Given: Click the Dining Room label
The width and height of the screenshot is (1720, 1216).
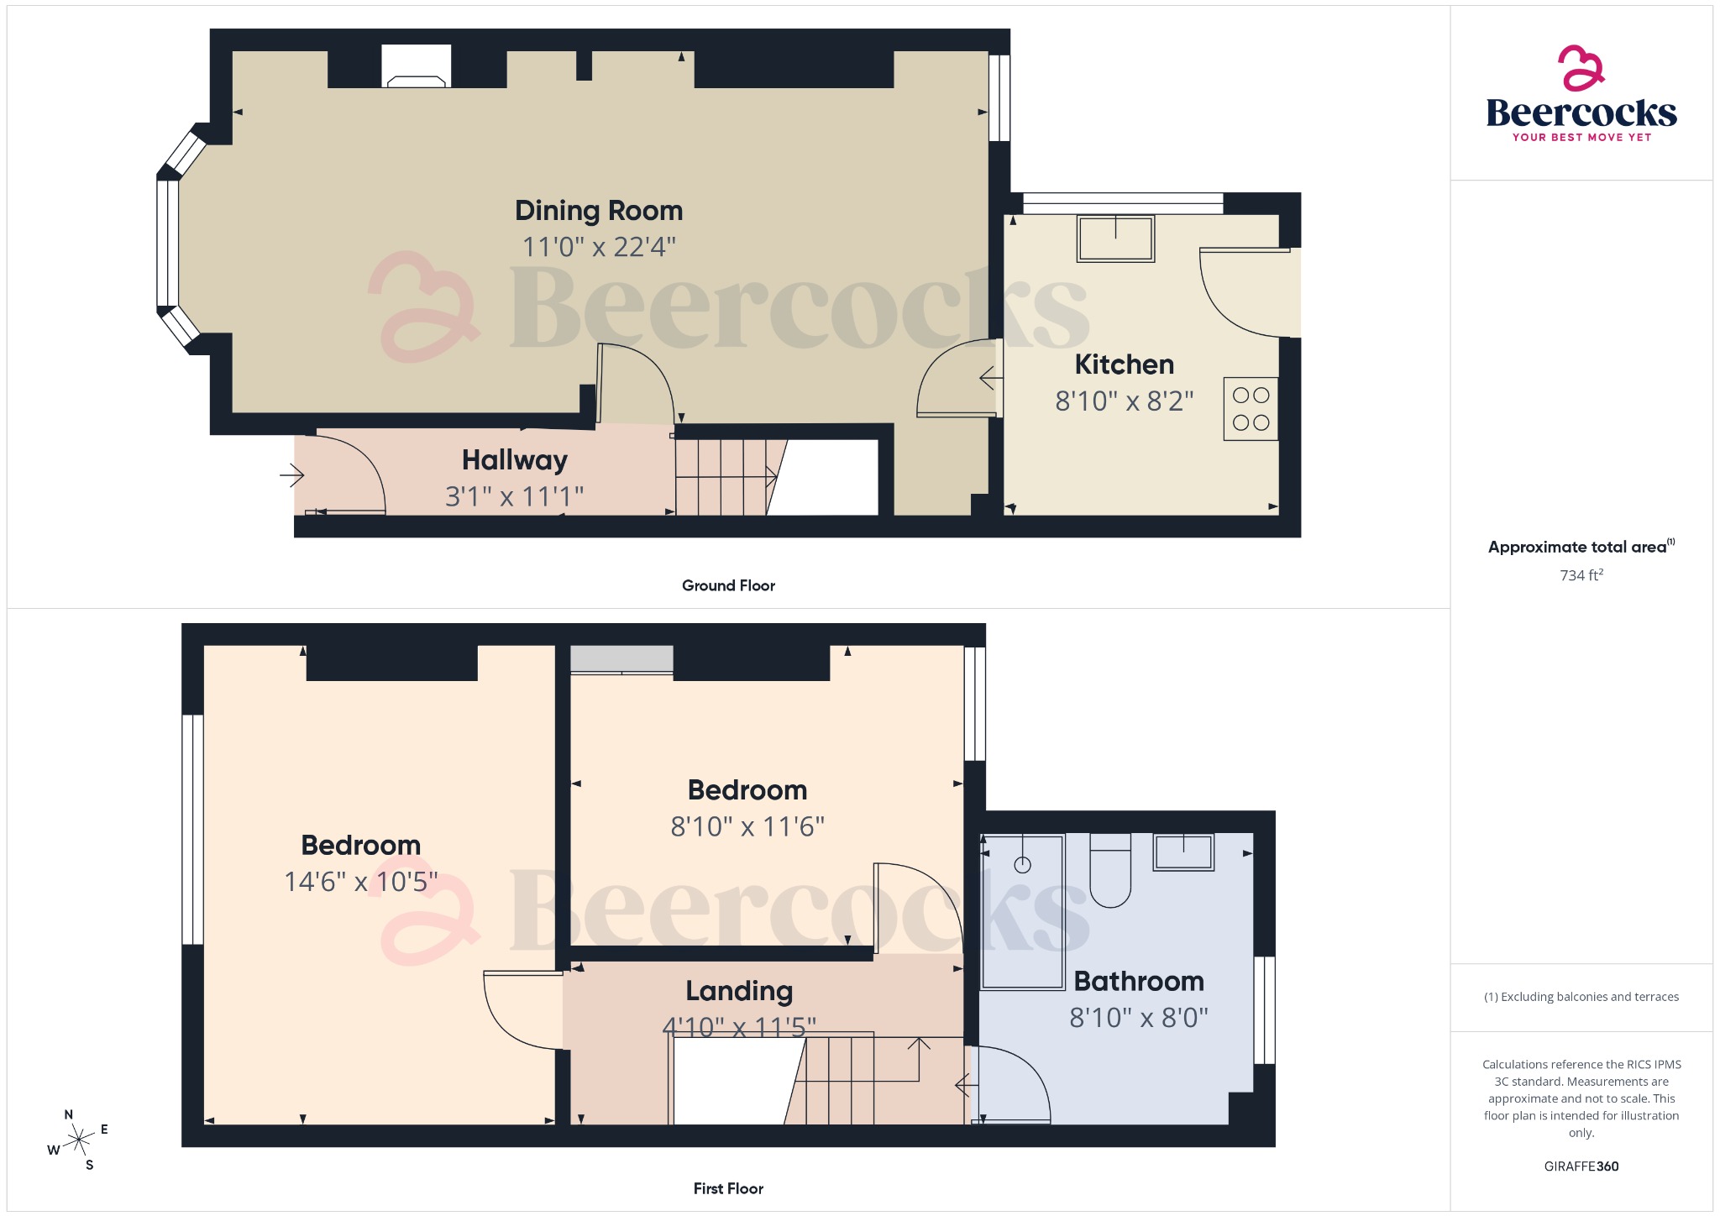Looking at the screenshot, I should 598,210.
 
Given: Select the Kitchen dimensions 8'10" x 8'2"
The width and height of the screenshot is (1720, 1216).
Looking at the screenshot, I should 1124,401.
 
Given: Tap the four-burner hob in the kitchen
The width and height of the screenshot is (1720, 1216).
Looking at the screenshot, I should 1251,409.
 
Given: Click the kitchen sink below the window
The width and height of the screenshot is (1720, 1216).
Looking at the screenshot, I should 1115,238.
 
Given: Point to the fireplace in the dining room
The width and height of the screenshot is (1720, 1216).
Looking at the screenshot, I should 416,68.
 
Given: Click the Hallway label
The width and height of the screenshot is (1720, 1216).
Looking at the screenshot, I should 514,460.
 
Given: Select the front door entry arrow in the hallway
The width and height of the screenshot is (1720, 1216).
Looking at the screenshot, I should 291,476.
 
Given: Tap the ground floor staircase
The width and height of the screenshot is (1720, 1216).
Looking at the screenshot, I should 722,477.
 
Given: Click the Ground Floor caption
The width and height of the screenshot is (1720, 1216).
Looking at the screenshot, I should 728,585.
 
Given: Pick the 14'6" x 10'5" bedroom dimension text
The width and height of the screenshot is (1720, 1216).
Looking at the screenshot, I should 360,882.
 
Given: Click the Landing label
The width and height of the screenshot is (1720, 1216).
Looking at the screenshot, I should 739,991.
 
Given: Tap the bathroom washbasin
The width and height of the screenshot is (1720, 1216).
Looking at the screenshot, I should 1182,852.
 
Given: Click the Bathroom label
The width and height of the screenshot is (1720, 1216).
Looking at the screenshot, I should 1139,981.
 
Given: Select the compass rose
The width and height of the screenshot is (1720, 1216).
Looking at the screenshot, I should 79,1140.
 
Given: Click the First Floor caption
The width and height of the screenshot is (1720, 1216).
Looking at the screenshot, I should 728,1188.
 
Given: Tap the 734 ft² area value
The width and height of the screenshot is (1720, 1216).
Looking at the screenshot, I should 1581,575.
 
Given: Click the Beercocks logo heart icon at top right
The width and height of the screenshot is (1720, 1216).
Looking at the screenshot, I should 1581,68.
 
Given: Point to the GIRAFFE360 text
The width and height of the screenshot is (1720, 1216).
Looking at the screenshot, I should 1581,1166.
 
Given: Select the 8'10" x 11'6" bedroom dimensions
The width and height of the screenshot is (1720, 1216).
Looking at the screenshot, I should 747,827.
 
